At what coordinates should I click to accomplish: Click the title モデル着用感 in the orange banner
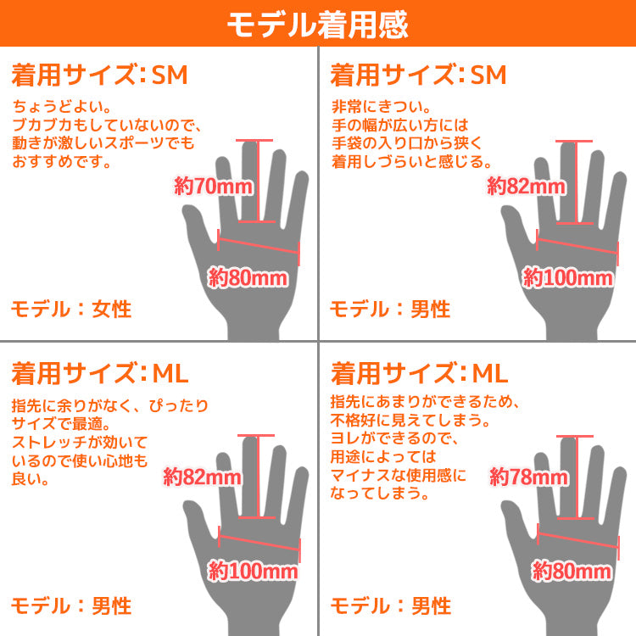pos(318,25)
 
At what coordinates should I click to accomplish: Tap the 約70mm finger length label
pos(214,187)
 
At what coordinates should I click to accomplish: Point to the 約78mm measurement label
pos(528,477)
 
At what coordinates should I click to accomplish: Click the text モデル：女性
pos(71,309)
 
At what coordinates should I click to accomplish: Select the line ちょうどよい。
pos(62,106)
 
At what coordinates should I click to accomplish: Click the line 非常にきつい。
pos(382,106)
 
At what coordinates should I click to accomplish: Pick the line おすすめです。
pos(62,161)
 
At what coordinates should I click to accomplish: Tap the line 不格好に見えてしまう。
pos(410,421)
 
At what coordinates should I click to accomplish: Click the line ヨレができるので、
pos(394,438)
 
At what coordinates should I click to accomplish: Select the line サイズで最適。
pos(61,424)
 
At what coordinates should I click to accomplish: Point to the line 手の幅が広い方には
pos(400,125)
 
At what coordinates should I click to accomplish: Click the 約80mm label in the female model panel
pos(248,278)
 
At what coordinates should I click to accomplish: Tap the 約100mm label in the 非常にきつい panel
pos(567,278)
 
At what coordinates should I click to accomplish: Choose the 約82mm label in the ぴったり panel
pos(202,477)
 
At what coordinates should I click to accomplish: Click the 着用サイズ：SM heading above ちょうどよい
pos(100,75)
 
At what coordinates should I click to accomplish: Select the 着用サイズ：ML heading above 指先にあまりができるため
pos(420,373)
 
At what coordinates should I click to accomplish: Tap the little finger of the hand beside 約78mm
pos(612,495)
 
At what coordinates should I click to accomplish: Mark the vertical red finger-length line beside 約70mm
pos(257,181)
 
